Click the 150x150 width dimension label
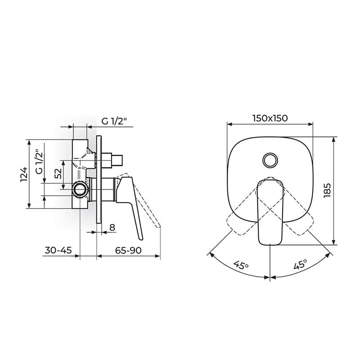point(270,118)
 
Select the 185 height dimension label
point(327,190)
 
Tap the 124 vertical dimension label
point(24,175)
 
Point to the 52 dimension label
point(58,174)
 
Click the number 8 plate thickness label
point(112,227)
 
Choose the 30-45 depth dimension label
point(58,250)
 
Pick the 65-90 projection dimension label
point(128,250)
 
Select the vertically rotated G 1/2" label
point(39,162)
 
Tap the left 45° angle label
point(241,265)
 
